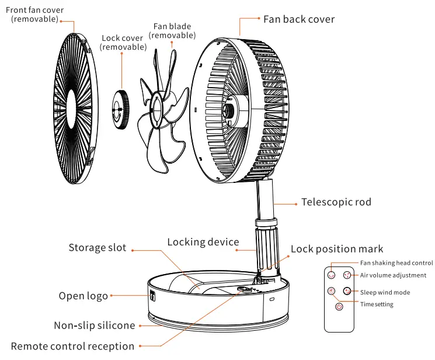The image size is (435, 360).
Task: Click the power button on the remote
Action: point(339,307)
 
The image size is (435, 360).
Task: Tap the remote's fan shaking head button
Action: point(332,275)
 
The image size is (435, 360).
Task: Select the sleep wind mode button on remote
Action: point(347,291)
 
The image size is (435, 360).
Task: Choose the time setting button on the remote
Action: point(331,291)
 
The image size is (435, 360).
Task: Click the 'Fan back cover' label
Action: point(299,19)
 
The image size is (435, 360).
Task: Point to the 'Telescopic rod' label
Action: point(336,202)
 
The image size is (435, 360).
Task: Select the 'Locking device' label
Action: point(203,242)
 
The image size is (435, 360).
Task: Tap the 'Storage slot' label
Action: point(97,248)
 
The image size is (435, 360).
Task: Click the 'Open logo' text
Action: point(83,296)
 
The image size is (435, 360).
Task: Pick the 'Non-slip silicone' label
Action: point(94,326)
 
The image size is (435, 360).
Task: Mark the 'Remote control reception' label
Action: point(72,347)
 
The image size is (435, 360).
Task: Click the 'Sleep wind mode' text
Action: point(385,292)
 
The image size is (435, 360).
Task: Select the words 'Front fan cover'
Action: point(34,10)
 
